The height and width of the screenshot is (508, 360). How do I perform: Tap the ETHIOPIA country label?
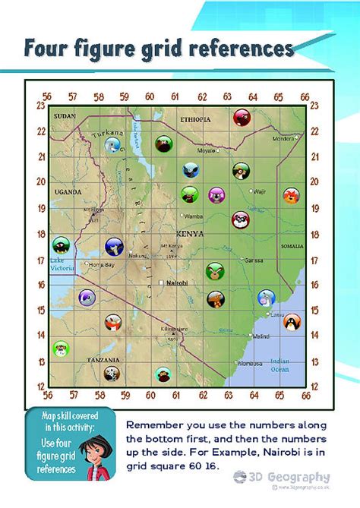pos(195,120)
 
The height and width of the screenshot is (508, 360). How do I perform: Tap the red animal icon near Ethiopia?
pos(242,117)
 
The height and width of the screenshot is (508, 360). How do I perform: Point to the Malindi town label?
pos(261,336)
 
